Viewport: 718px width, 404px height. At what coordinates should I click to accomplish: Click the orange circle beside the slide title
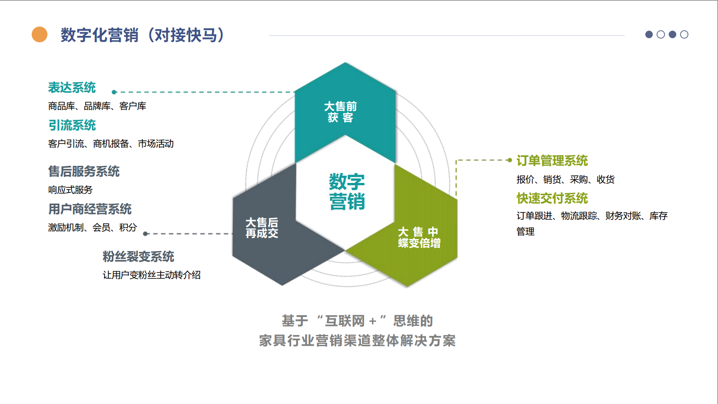click(x=39, y=35)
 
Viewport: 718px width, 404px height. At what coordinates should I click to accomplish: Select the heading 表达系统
click(x=72, y=87)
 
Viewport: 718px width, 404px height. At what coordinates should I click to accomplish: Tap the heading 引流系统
click(x=72, y=125)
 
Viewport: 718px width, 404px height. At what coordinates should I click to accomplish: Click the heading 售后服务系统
click(x=83, y=171)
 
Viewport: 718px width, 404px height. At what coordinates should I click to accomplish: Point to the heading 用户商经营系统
click(x=90, y=209)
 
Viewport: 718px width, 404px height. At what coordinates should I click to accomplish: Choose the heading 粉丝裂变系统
click(x=138, y=256)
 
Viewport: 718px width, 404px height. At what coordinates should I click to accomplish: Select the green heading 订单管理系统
click(x=552, y=161)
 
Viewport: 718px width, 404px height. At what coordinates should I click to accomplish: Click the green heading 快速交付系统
click(x=552, y=198)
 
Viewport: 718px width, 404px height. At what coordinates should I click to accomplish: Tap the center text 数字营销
click(x=346, y=191)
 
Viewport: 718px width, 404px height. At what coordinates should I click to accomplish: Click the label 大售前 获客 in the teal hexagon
click(x=341, y=112)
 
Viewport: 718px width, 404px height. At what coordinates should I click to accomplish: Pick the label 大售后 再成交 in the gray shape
click(x=262, y=228)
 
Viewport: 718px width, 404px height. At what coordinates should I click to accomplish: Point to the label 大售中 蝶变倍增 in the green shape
click(x=419, y=238)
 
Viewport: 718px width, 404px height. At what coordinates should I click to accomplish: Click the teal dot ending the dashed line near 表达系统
click(x=114, y=92)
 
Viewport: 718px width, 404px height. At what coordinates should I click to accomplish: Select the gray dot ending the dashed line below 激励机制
click(x=145, y=234)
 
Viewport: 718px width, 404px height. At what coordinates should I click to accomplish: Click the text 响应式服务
click(x=70, y=190)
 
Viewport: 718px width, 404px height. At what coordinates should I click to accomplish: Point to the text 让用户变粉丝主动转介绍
click(x=151, y=275)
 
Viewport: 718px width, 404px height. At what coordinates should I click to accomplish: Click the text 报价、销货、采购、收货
click(x=565, y=180)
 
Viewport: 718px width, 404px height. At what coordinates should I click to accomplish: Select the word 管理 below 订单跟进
click(x=525, y=232)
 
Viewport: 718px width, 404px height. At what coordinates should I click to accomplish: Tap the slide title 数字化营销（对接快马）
click(x=143, y=35)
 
